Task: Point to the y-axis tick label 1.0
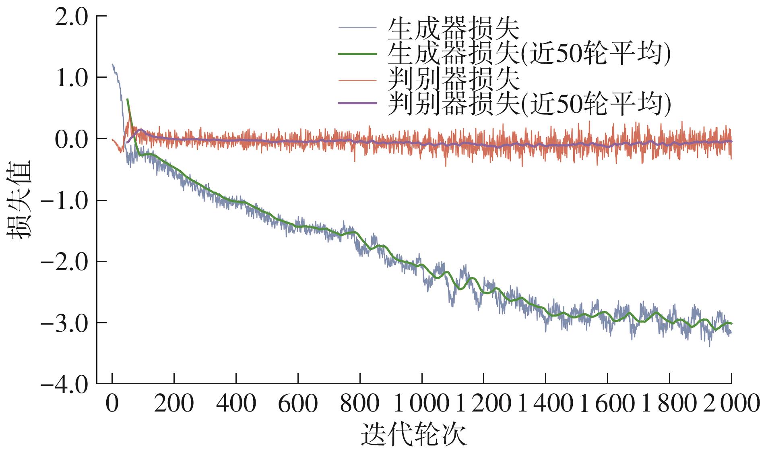click(x=71, y=78)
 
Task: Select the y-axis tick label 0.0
click(x=71, y=139)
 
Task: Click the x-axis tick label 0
click(x=112, y=403)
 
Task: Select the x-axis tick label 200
click(x=174, y=403)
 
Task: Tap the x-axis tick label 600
click(x=298, y=403)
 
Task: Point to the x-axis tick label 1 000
click(x=421, y=403)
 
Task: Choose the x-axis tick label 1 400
click(x=545, y=403)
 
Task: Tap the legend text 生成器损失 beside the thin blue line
click(x=454, y=28)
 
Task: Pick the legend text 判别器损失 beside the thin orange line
click(x=454, y=79)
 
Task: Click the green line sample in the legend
click(x=357, y=54)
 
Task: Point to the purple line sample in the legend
click(x=357, y=104)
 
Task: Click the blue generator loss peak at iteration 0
click(x=113, y=64)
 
